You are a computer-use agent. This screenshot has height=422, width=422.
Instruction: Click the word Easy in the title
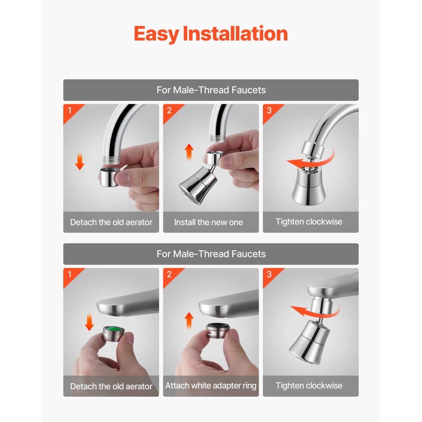[156, 34]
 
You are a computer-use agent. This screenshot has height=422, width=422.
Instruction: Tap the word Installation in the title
[235, 33]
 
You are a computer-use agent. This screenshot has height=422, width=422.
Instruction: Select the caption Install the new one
[208, 222]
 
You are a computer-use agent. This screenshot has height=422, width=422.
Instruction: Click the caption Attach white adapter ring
[211, 386]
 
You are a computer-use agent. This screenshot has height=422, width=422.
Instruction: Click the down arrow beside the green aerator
[89, 322]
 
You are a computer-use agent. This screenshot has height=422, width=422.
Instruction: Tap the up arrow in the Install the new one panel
[189, 151]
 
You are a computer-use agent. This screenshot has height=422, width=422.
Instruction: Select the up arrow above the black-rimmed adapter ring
[189, 320]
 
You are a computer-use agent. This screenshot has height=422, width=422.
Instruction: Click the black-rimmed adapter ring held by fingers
[218, 330]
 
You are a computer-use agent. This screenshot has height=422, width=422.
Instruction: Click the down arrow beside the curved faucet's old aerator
[80, 162]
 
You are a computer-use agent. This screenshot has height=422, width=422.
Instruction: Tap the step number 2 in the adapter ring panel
[169, 274]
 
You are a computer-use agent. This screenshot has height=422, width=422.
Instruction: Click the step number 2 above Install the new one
[169, 110]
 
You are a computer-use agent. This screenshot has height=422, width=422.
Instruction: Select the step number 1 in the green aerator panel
[70, 274]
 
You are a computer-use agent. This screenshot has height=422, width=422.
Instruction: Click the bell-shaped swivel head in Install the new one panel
[198, 186]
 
